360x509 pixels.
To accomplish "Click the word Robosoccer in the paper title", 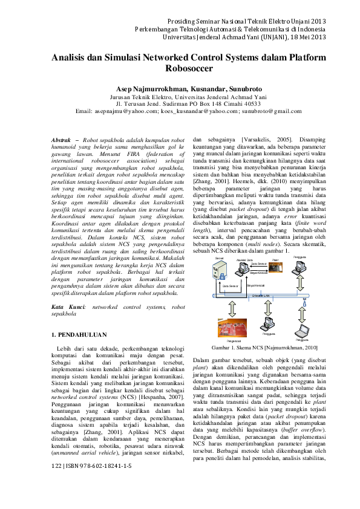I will click(x=180, y=70).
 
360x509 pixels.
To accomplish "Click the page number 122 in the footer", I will click(x=56, y=484).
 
